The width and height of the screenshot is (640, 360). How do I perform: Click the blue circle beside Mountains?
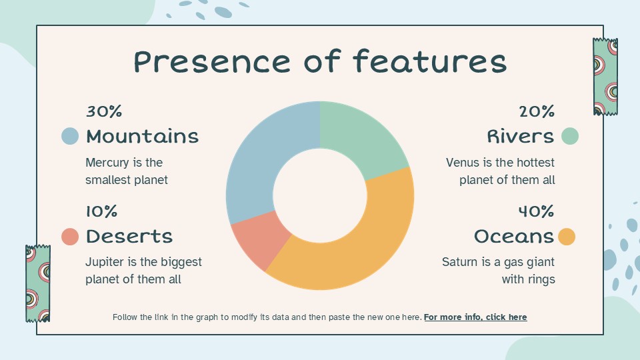point(70,136)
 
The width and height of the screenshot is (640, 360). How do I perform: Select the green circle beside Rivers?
point(570,136)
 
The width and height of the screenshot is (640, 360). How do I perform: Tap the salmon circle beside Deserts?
point(70,236)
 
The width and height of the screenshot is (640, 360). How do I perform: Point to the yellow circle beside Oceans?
point(567,237)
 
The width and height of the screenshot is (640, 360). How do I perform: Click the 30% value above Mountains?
point(104,111)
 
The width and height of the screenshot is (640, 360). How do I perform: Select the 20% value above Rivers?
point(537,111)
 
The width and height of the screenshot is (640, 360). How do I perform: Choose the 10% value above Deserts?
point(101,211)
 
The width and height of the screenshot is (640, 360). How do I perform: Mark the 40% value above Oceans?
point(537,211)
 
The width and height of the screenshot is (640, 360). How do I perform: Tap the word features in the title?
point(429,62)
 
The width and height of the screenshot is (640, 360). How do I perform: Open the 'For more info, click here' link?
point(475,317)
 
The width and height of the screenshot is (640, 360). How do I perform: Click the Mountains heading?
point(142,137)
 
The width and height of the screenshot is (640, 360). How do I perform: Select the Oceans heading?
point(514,237)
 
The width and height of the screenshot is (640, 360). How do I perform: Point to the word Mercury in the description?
point(105,163)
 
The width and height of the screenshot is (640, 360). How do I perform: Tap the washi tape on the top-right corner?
point(605,77)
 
